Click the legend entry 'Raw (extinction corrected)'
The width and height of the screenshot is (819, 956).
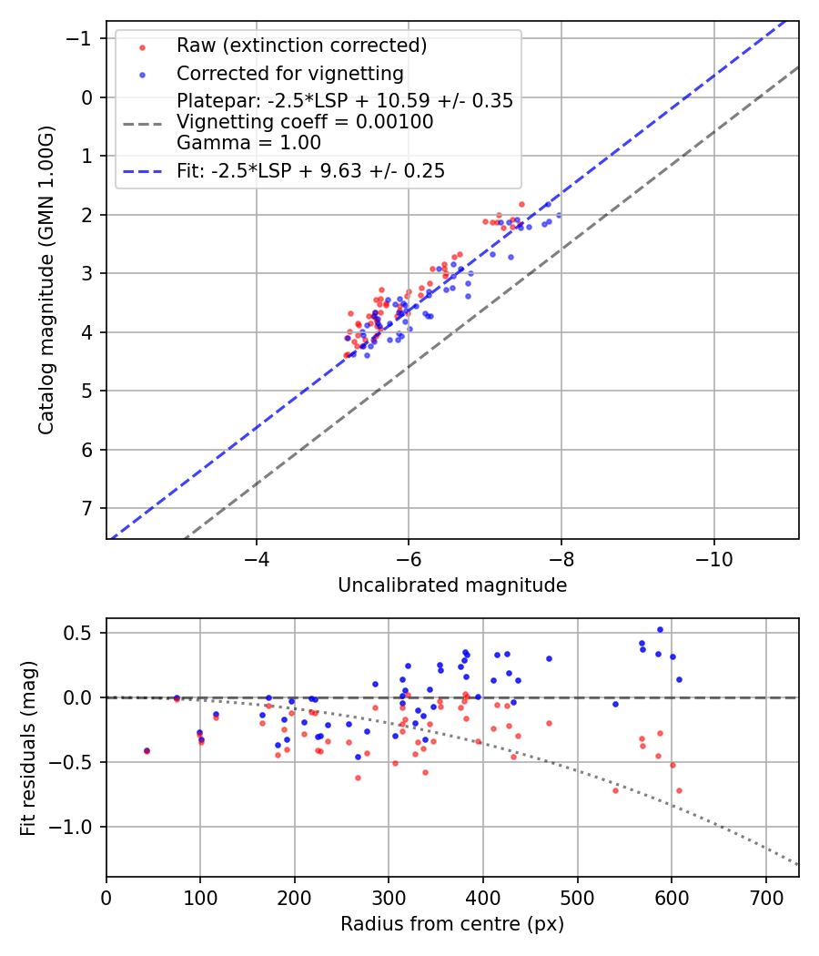301,46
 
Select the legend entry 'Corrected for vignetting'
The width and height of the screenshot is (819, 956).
289,73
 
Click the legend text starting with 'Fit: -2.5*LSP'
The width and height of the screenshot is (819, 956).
310,170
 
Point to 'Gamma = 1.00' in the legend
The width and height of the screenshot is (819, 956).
248,142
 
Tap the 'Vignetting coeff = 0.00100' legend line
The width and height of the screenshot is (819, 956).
305,122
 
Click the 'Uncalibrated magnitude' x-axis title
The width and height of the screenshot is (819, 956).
452,585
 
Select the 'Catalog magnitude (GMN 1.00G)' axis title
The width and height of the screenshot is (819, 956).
46,280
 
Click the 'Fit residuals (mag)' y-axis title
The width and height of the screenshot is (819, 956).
28,748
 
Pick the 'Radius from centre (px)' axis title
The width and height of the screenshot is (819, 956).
452,924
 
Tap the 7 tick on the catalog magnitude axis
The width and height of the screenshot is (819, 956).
87,508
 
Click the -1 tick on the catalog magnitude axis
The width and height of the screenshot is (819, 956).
84,38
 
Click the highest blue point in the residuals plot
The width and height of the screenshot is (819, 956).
660,629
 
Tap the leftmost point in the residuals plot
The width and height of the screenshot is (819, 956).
147,751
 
